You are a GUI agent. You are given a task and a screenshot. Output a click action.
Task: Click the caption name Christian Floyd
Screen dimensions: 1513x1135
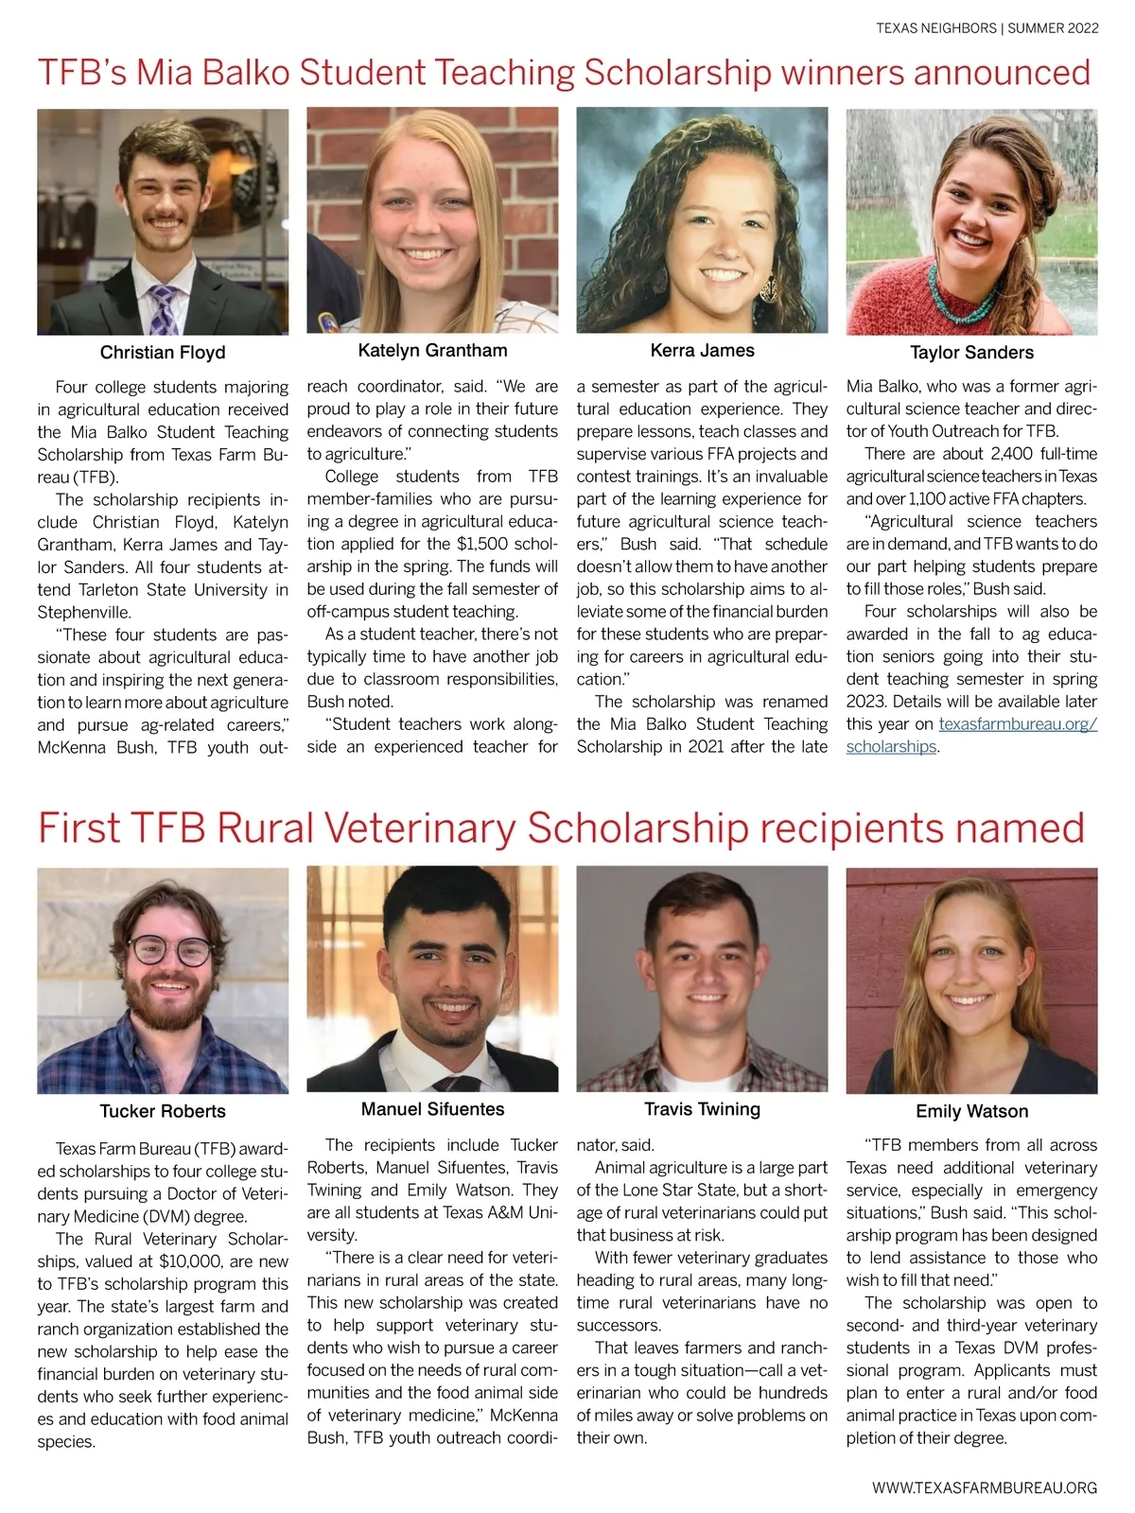(x=163, y=353)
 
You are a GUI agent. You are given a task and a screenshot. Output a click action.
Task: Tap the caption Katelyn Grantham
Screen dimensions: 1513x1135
(x=432, y=351)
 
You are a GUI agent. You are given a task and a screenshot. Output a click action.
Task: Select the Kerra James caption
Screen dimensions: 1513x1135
(x=702, y=351)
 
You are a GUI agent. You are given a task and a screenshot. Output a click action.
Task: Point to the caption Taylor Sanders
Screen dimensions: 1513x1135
(x=971, y=353)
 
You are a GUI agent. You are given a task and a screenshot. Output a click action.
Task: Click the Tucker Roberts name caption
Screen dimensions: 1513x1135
(x=163, y=1111)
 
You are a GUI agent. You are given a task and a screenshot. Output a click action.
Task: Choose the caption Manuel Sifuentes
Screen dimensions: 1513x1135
(x=432, y=1109)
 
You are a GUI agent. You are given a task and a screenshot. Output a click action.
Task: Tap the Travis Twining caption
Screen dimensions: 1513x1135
(x=702, y=1109)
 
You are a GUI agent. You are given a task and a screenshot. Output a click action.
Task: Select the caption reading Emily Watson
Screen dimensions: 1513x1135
(x=971, y=1111)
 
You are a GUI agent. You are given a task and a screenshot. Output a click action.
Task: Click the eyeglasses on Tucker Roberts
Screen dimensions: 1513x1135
(x=170, y=949)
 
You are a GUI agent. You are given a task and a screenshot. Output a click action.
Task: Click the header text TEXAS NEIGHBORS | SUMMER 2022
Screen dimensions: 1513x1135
(x=987, y=28)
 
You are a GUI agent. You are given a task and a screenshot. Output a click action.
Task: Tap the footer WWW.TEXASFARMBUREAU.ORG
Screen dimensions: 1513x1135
(x=985, y=1487)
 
